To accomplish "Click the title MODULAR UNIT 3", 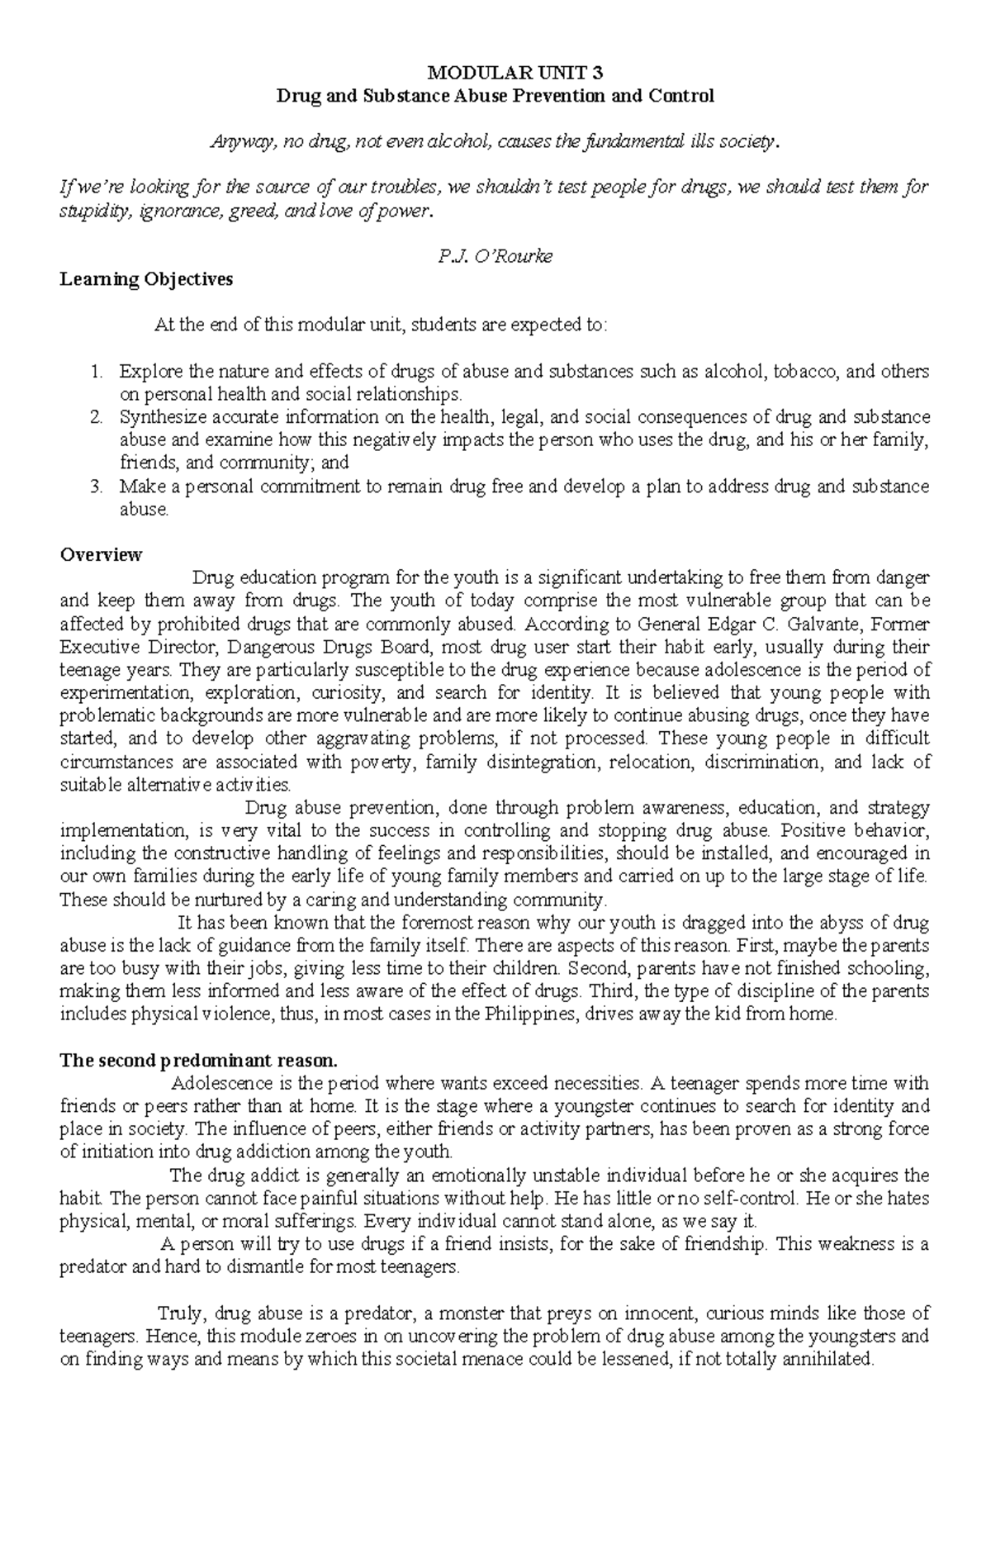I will pyautogui.click(x=495, y=73).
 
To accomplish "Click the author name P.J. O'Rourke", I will pyautogui.click(x=495, y=256).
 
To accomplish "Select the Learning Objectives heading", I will pyautogui.click(x=146, y=279).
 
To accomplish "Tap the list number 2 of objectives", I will pyautogui.click(x=95, y=417).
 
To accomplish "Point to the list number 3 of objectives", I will pyautogui.click(x=95, y=487).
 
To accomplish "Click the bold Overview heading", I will pyautogui.click(x=101, y=554).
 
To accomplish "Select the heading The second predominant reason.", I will pyautogui.click(x=198, y=1060).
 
